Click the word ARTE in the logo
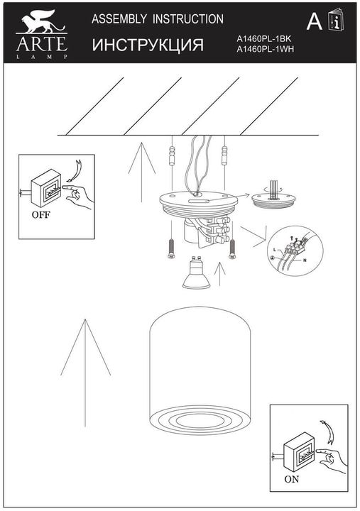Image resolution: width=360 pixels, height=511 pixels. [x=41, y=45]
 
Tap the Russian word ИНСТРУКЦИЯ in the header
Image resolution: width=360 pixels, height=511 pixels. [x=148, y=46]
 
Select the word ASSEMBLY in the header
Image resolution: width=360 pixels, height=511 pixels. [x=121, y=20]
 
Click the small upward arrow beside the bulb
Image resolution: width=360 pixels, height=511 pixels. [x=221, y=273]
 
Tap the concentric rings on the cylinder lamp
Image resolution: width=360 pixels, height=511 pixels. [x=189, y=419]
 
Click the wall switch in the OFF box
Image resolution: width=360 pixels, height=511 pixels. [x=50, y=187]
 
